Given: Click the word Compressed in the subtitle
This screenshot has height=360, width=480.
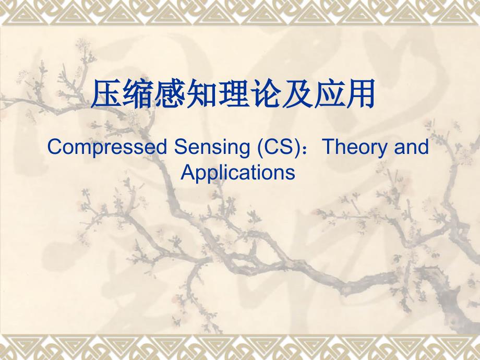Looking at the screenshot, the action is (107, 148).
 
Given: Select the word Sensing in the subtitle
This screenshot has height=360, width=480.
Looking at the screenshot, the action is (212, 148).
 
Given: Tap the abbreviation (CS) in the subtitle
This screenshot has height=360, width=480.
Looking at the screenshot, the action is (278, 148).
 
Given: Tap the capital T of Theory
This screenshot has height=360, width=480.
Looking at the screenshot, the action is (330, 147).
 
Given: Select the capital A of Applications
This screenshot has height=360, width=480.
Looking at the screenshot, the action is (188, 172).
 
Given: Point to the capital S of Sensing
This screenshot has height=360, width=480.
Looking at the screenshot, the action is (181, 147).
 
